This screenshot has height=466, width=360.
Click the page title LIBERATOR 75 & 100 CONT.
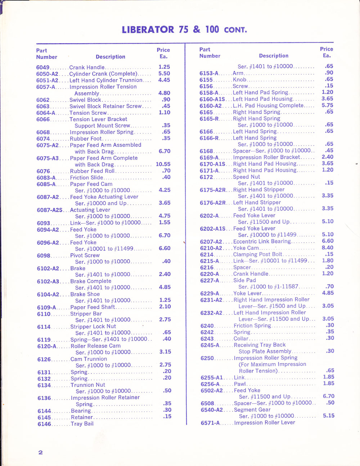pos(184,30)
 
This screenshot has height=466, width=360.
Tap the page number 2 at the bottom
pos(41,452)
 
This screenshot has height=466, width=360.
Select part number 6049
pos(43,67)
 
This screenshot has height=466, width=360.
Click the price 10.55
pos(163,164)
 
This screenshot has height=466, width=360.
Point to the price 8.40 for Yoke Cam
pos(328,248)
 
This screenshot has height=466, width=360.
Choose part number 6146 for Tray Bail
pos(44,424)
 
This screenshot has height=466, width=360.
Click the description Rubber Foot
pos(86,139)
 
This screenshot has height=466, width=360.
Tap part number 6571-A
pos(210,423)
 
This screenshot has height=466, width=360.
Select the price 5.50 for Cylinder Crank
pos(164,73)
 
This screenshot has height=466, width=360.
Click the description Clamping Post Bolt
pos(258,254)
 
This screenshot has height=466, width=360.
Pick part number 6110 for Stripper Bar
pos(44,314)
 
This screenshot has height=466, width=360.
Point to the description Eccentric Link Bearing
pos(262,241)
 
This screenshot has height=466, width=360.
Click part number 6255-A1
pos(212,378)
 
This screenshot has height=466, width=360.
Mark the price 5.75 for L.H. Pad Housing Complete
pos(327,106)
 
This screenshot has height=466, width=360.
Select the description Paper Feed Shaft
pos(93,307)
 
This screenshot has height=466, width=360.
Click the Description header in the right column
pos(274,56)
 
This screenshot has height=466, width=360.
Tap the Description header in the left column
pos(111,57)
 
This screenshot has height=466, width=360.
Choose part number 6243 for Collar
pos(207,339)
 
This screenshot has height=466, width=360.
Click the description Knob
pos(240,80)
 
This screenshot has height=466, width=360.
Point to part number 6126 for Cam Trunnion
pos(44,359)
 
